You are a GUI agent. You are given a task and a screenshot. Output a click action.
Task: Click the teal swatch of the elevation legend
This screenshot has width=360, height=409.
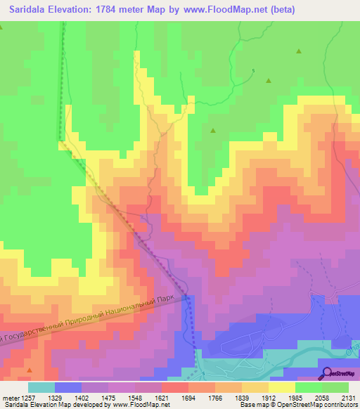(41, 387)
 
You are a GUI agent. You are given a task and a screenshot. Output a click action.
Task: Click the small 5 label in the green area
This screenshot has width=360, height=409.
(254, 70)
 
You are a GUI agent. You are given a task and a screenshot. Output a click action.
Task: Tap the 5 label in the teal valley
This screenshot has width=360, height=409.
(202, 372)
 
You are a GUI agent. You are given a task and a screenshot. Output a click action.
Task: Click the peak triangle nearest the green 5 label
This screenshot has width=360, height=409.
(268, 80)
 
